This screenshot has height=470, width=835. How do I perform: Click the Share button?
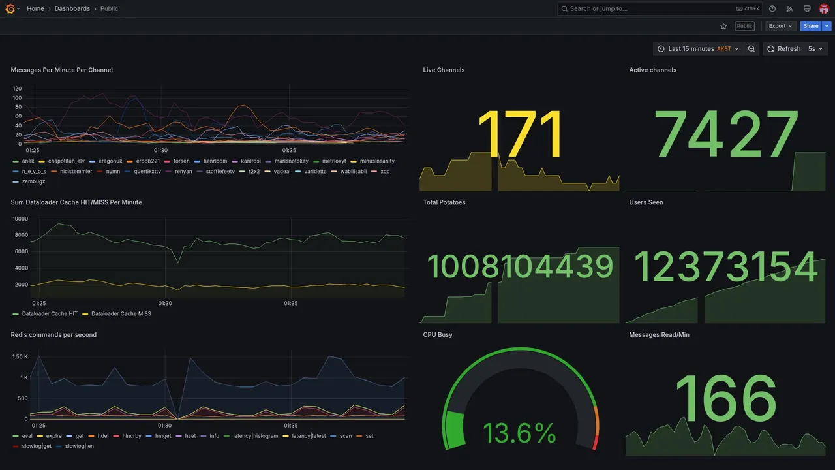coord(811,26)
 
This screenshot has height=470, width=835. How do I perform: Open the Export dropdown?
coord(780,26)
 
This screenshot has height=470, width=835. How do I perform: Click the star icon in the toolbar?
coord(723,26)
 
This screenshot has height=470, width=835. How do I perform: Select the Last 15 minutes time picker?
coord(698,49)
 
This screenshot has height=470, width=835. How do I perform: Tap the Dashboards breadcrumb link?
coord(72,8)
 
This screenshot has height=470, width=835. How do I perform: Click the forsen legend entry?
coord(181,161)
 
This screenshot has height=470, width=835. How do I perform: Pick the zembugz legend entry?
coord(33,181)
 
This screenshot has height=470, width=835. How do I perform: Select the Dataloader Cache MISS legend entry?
coord(121,314)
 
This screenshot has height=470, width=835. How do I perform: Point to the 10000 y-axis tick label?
coord(20,219)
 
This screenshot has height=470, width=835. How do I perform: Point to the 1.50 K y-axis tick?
coord(20,357)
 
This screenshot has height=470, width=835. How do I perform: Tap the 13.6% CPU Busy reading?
coord(519,433)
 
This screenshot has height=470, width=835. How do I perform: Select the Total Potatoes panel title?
coord(444,202)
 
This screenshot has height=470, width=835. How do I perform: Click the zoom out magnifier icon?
coord(751,49)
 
